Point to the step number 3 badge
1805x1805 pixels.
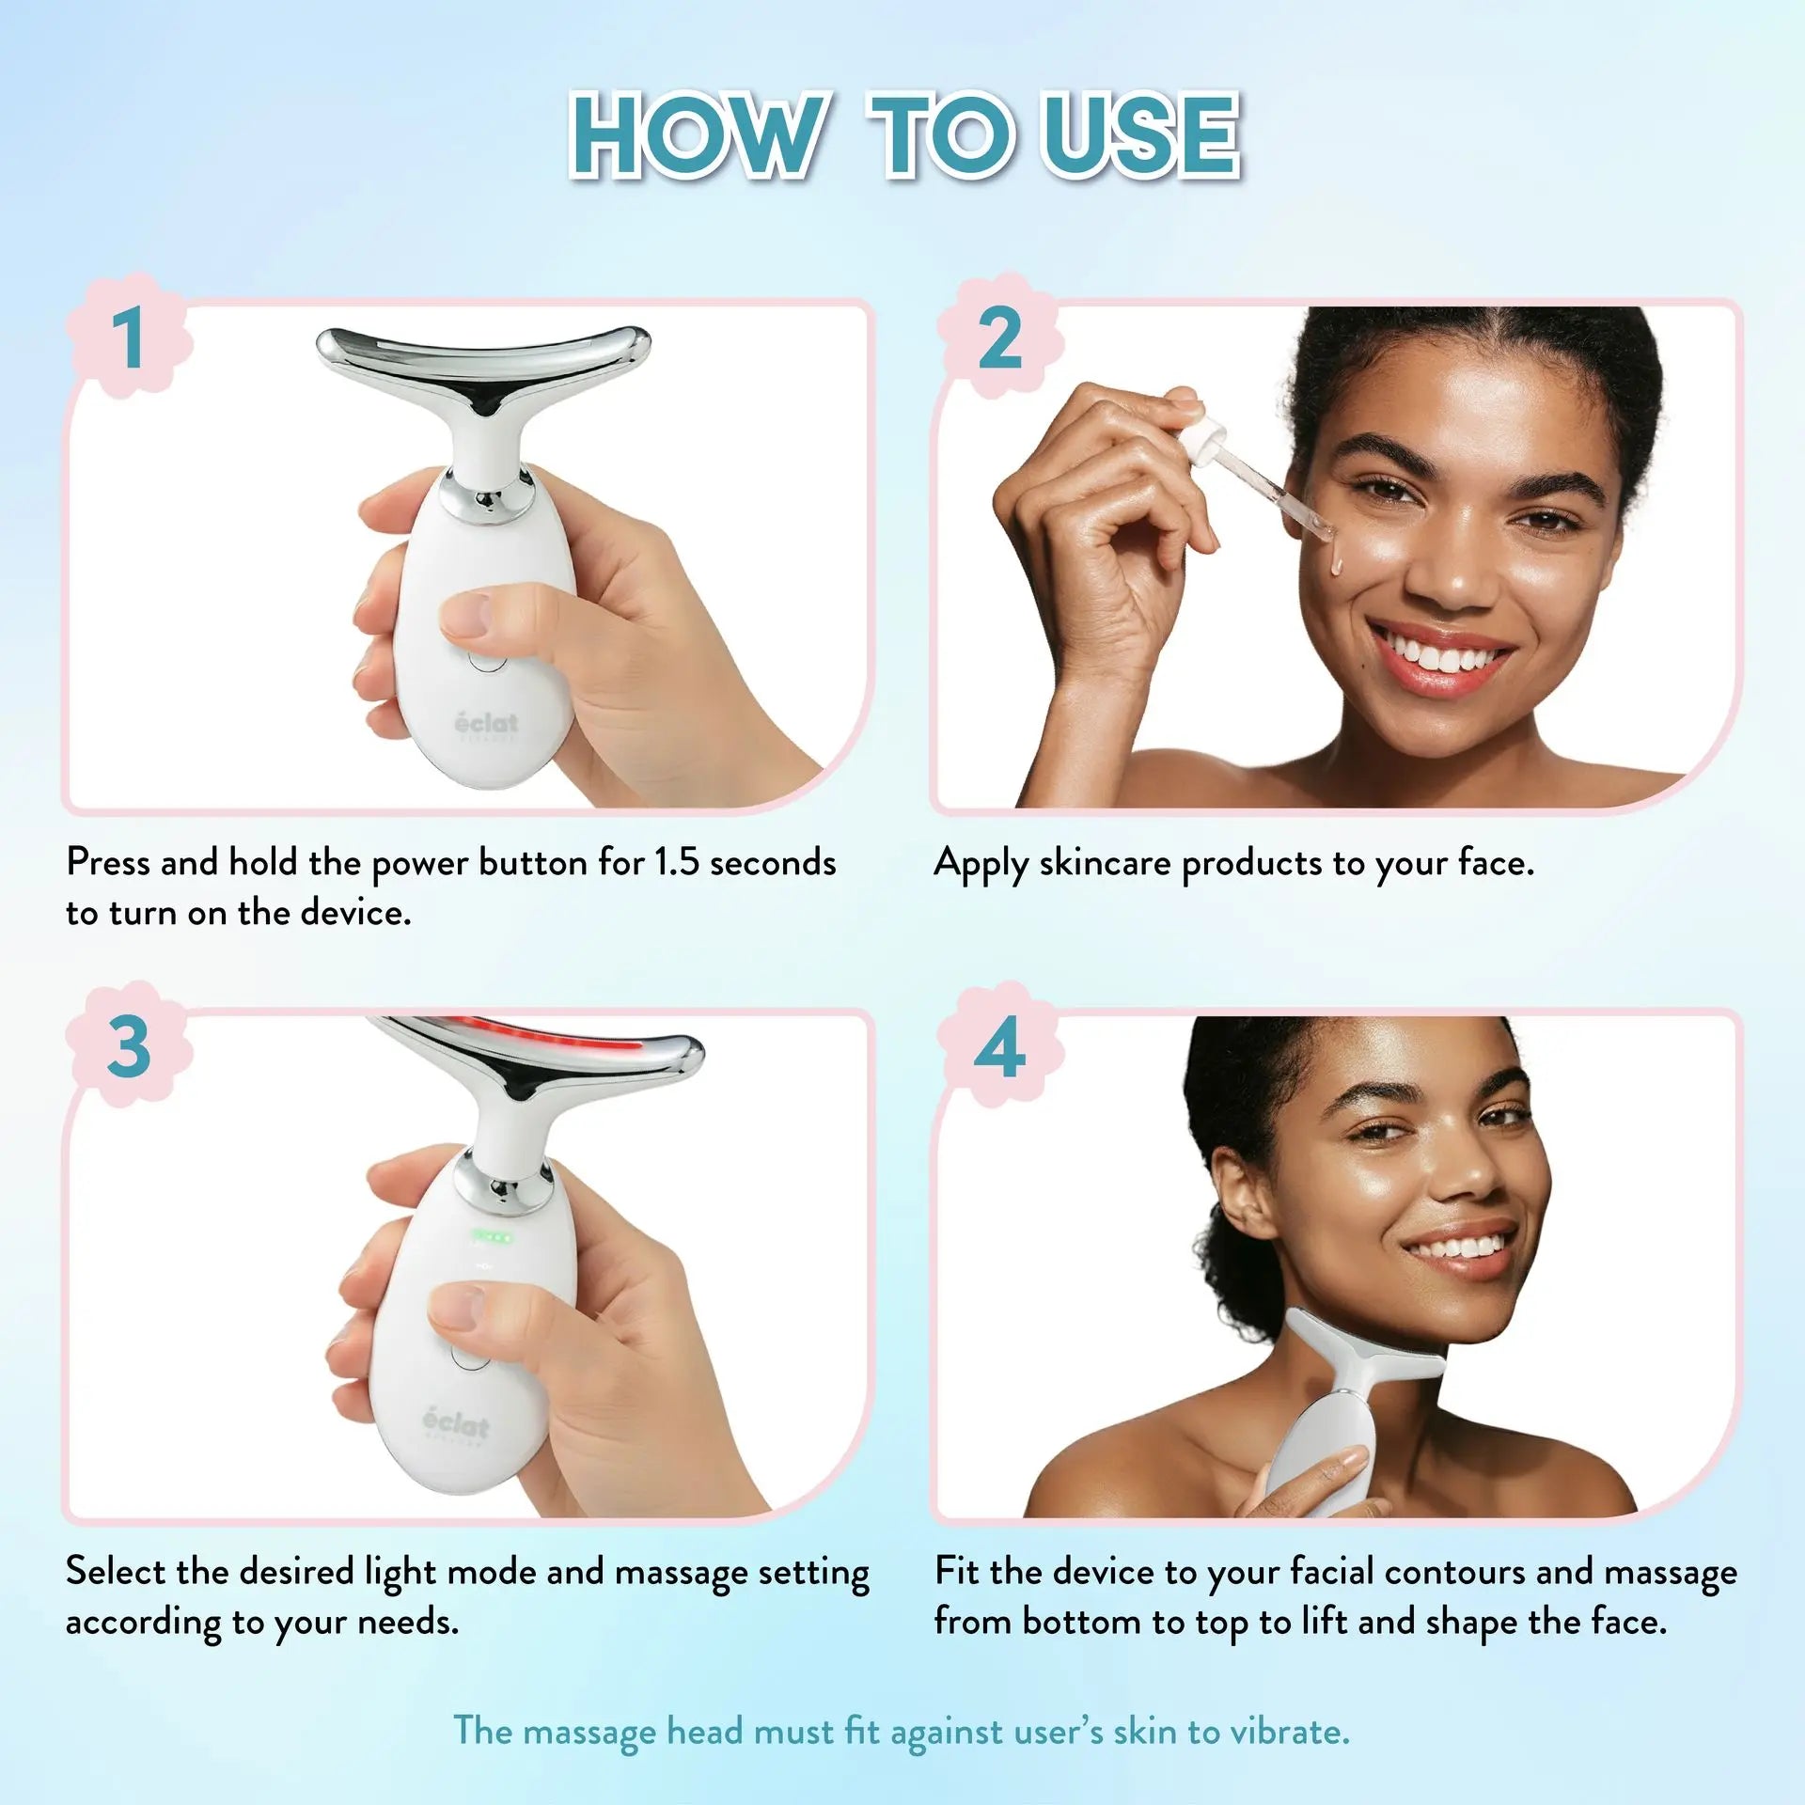click(x=129, y=1045)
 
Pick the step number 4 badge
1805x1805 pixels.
click(x=999, y=1045)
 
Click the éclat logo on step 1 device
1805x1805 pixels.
click(x=486, y=725)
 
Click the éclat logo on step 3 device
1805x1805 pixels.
click(x=456, y=1424)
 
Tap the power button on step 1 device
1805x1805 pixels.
click(x=486, y=658)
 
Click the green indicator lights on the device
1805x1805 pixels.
click(x=492, y=1238)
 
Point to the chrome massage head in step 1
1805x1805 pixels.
click(x=483, y=376)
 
